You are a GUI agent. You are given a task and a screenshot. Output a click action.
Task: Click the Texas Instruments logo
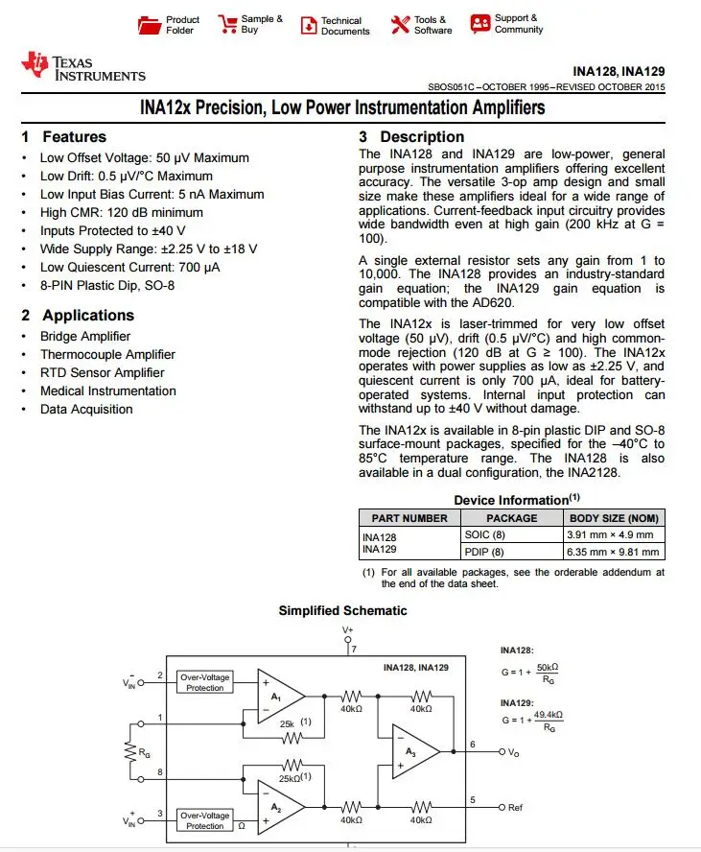coord(82,67)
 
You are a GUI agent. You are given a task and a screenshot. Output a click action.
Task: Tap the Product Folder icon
coord(151,25)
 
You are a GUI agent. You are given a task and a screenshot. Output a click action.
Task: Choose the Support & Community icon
coord(479,24)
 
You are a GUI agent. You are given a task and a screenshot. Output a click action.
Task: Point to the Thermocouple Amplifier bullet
coord(107,355)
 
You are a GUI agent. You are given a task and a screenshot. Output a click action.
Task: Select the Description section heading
coord(411,137)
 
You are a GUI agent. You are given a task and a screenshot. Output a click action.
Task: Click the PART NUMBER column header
coord(409,518)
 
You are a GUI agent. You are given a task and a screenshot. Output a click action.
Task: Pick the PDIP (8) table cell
coord(484,552)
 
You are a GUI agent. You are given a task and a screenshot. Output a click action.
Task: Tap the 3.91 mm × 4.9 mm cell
coord(613,535)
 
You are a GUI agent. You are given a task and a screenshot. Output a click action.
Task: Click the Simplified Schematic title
coord(342,611)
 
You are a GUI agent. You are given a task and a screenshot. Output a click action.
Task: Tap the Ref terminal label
coord(515,808)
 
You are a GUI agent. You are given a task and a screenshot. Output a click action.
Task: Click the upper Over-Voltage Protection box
coord(205,682)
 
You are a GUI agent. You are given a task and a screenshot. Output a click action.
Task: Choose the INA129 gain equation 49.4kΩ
coord(549,715)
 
